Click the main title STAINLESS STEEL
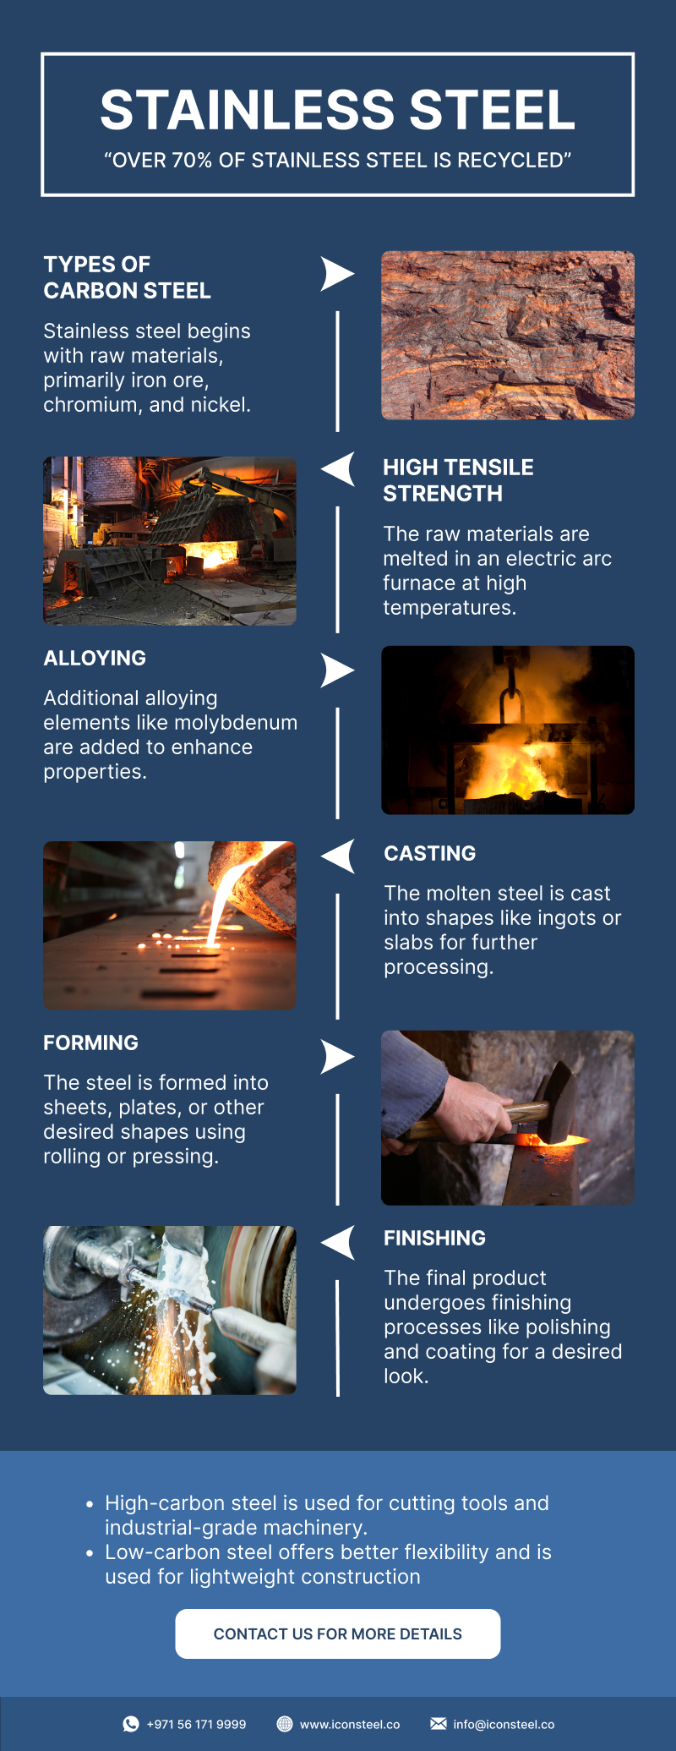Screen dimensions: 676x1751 (x=338, y=110)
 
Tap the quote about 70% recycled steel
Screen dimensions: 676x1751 (x=338, y=161)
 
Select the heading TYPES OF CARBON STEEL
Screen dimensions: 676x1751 (x=128, y=277)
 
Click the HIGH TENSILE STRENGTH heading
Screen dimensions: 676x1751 (x=458, y=480)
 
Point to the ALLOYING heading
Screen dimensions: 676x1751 (x=95, y=658)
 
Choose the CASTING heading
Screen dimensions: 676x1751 (x=430, y=853)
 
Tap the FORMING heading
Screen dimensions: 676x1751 (x=91, y=1042)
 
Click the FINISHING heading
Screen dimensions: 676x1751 (x=435, y=1238)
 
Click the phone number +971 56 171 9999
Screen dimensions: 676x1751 (x=196, y=1724)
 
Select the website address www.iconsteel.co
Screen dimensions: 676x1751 (x=350, y=1724)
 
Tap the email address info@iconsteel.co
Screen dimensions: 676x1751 (x=504, y=1724)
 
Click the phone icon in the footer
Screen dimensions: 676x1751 (x=131, y=1724)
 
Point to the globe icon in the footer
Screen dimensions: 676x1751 (x=285, y=1724)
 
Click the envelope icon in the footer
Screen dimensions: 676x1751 (x=439, y=1724)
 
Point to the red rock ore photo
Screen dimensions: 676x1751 (x=508, y=335)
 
